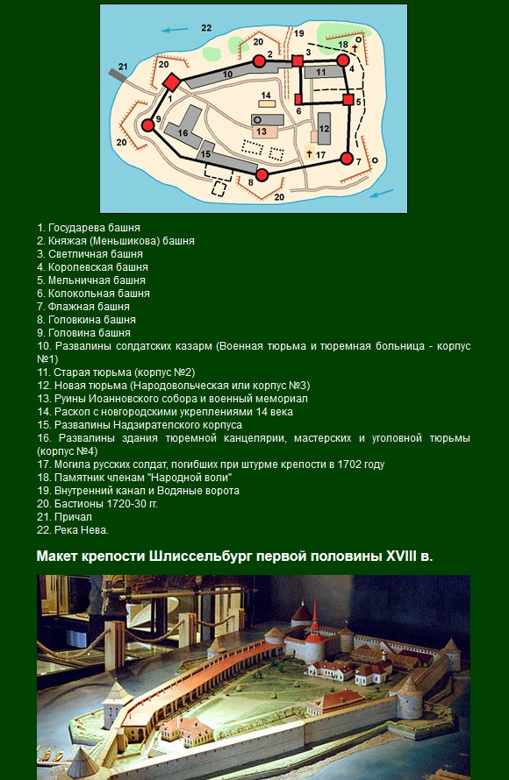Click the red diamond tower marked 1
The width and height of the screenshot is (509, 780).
(171, 82)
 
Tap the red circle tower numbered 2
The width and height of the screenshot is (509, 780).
(259, 61)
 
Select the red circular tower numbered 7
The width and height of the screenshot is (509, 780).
(347, 160)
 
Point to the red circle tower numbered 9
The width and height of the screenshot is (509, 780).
(148, 125)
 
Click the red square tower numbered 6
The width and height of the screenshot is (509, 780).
(298, 100)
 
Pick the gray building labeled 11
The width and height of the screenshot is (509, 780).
(323, 72)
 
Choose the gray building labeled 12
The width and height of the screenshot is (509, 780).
(324, 129)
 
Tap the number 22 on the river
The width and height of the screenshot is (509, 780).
(206, 28)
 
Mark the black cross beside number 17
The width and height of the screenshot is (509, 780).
(309, 154)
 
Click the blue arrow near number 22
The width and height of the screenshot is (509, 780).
(175, 30)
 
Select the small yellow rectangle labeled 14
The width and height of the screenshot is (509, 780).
(266, 103)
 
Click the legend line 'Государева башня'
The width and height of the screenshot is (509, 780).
(89, 228)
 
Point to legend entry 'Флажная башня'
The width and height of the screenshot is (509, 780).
(83, 307)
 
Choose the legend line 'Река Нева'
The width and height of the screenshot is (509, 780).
(73, 530)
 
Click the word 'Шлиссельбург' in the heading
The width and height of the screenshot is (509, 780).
(200, 557)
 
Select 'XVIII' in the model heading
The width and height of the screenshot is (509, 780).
(401, 556)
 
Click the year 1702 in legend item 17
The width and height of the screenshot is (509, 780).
(348, 464)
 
